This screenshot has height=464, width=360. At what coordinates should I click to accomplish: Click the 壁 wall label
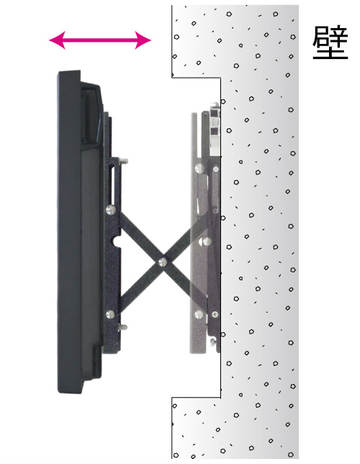pos(330,43)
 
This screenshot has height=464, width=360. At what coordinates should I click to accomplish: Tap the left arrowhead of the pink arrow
pos(57,40)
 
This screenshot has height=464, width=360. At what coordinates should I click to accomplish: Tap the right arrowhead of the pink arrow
pos(143,40)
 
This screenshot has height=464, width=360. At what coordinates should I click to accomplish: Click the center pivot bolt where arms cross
pos(163,262)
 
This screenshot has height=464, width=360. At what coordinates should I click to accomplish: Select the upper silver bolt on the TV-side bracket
pos(111,210)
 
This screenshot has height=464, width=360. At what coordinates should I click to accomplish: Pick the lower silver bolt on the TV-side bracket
pos(110,314)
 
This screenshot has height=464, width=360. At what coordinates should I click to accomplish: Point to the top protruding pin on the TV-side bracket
pos(124,161)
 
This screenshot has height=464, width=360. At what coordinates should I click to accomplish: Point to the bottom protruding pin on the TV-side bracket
pos(122,327)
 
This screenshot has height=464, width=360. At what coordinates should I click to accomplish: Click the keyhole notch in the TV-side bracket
pos(117,241)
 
